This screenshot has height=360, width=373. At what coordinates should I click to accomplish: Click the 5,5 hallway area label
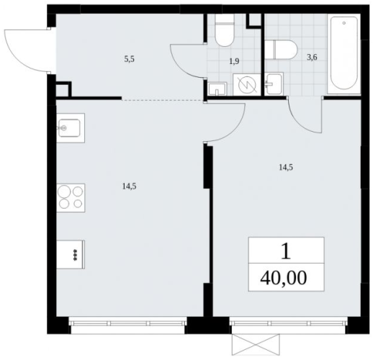click(129, 59)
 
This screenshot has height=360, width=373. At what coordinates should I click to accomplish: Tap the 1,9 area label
click(234, 62)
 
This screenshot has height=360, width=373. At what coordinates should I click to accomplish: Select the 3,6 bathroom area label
click(312, 58)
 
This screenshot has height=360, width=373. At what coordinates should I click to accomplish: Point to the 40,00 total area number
click(284, 278)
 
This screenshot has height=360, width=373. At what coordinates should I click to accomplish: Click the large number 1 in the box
click(286, 252)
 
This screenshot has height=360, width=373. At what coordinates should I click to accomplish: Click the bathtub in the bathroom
click(344, 54)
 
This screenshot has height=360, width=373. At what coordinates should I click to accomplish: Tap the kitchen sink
click(71, 128)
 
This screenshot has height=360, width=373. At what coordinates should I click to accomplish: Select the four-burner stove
click(71, 198)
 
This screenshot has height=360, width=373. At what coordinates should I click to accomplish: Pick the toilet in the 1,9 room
click(225, 30)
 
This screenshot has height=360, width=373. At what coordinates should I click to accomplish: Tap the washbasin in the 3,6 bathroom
click(274, 84)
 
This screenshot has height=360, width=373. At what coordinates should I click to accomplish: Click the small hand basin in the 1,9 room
click(217, 89)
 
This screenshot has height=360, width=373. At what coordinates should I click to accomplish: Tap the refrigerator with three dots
click(71, 254)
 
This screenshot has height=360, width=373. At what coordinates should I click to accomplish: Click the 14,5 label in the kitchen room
click(130, 186)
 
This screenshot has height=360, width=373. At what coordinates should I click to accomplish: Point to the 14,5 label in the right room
click(286, 168)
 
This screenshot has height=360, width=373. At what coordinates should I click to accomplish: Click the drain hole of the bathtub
click(344, 23)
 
